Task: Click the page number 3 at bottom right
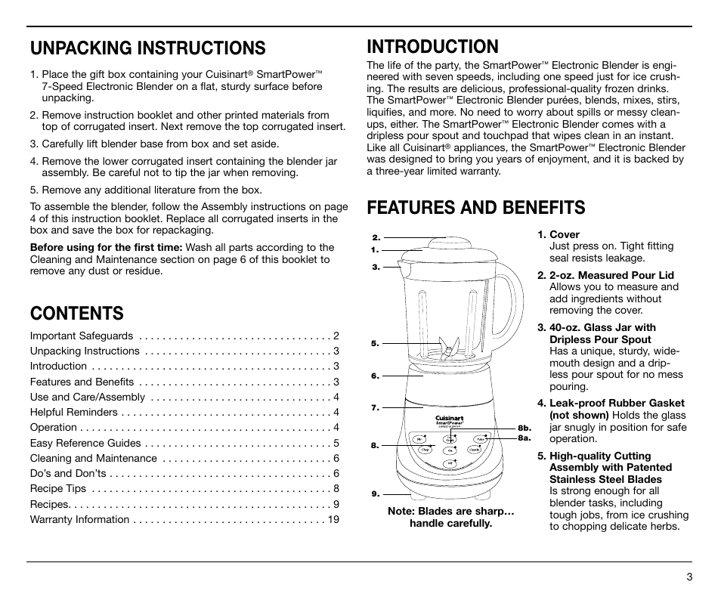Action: point(689,577)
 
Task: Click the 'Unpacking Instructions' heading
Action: point(147,48)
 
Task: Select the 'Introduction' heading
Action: point(432,46)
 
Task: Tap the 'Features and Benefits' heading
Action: point(475,207)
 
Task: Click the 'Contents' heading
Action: point(76,311)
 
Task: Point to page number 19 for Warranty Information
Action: point(333,519)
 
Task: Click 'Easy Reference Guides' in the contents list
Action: point(85,443)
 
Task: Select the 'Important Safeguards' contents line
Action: point(82,336)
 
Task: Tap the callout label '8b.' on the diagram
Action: point(525,428)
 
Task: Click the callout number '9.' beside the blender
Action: point(375,493)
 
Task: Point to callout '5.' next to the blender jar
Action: point(375,343)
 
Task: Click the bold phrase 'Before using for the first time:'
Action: point(106,247)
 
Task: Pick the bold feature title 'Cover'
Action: point(565,234)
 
